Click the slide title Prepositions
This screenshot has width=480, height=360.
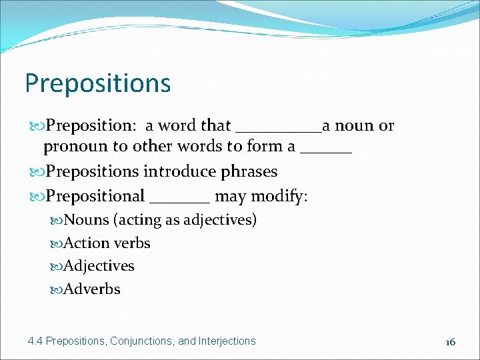98,83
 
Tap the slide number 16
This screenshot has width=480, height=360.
451,341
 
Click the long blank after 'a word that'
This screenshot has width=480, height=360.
279,129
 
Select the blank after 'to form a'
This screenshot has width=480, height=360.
326,151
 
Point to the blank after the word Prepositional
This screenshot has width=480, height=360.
180,200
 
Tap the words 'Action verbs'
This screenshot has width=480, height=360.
107,243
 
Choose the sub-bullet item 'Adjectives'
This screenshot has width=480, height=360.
99,265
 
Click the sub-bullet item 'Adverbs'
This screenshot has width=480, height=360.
92,289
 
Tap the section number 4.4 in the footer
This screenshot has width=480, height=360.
35,341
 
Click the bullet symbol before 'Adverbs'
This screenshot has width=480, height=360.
57,289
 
